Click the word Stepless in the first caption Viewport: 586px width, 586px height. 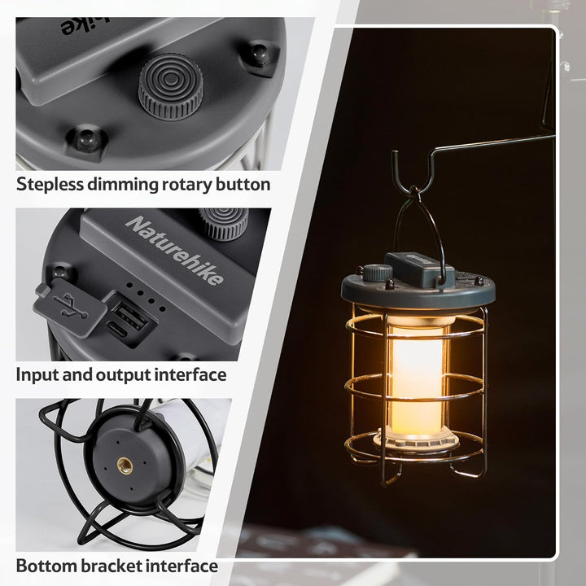(52, 185)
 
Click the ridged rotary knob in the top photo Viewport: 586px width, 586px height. (170, 86)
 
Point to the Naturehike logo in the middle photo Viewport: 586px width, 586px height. (175, 250)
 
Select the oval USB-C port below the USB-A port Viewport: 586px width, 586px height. (116, 332)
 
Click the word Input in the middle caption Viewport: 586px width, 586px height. (37, 375)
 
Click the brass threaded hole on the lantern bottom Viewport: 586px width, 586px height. (125, 465)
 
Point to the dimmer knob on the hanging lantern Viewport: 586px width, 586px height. (376, 272)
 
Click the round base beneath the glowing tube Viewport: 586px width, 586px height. (417, 440)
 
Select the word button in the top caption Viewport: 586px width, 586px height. (243, 185)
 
